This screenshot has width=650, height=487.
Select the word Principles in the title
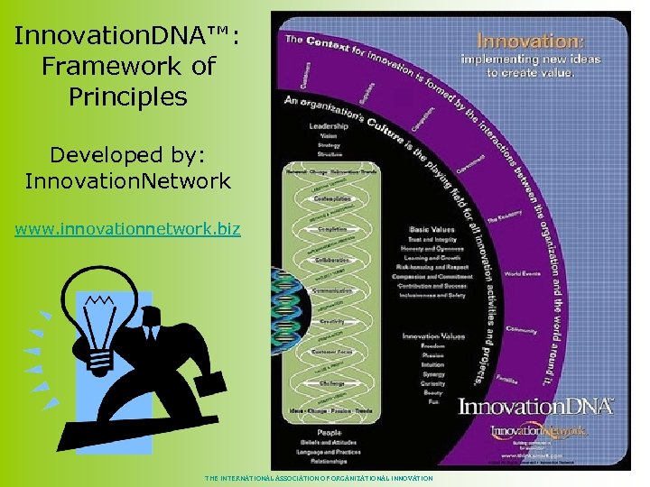[x=127, y=96]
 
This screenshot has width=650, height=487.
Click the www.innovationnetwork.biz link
[x=127, y=229]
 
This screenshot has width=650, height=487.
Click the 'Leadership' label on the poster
[x=329, y=127]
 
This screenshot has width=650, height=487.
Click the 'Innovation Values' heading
[x=433, y=336]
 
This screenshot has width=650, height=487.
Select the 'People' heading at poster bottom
[x=328, y=431]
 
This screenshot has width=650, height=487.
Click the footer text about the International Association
[x=319, y=478]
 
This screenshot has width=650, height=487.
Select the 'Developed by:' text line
[x=127, y=154]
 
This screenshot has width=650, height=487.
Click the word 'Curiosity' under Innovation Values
[x=432, y=383]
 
